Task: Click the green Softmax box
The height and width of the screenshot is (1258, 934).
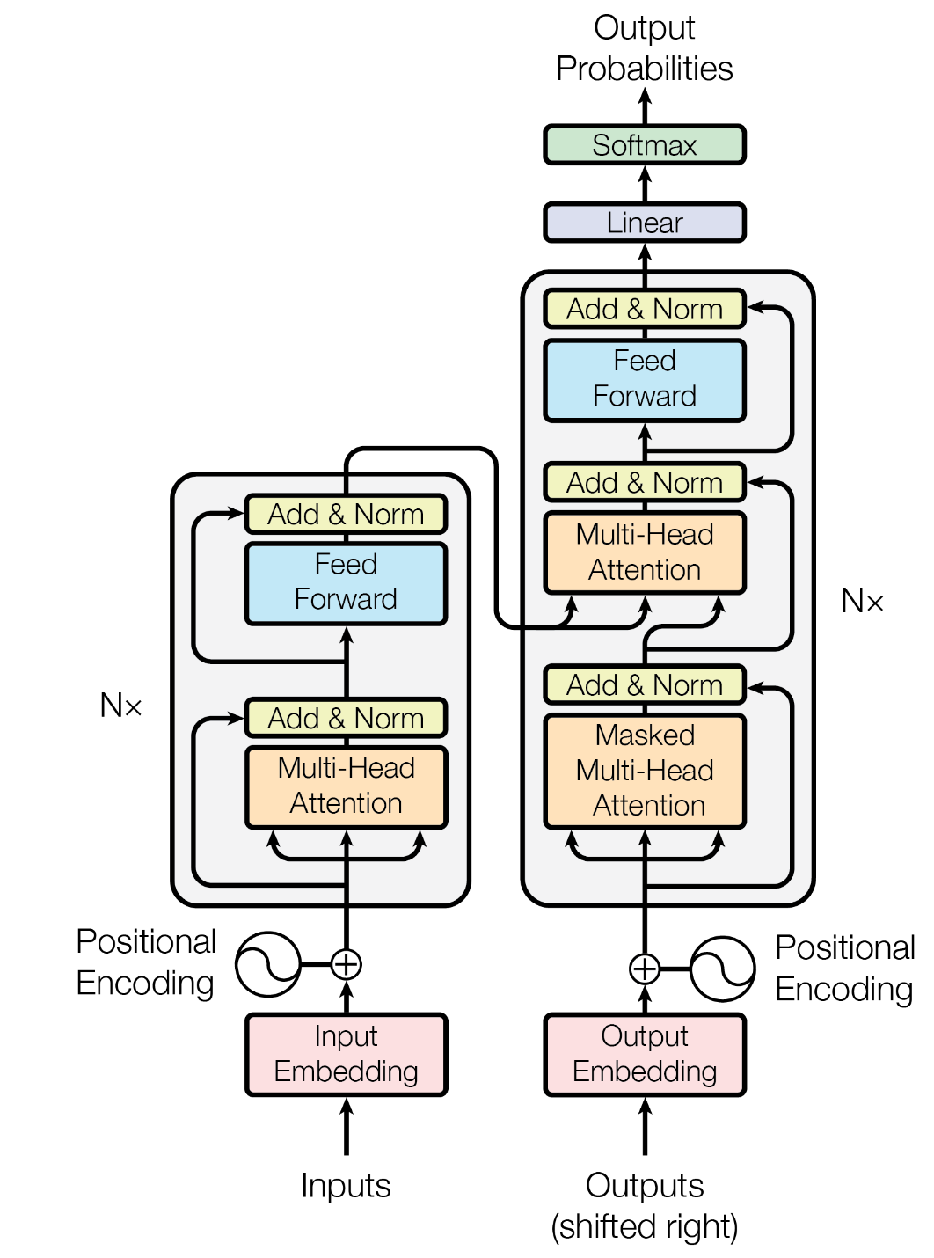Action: coord(645,145)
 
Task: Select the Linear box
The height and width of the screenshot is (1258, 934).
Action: coord(645,223)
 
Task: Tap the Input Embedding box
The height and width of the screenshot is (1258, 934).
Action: coord(346,1054)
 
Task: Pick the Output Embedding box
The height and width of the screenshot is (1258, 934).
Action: coord(645,1054)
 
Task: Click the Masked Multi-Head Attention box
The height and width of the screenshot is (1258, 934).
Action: coord(645,771)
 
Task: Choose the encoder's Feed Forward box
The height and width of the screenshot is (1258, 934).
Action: coord(346,582)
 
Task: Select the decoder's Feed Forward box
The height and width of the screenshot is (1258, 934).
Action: coord(645,379)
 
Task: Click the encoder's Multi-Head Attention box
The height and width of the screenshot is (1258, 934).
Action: coord(346,786)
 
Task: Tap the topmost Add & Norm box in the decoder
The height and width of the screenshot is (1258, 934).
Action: coord(645,310)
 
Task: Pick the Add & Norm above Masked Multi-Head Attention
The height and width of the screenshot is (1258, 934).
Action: coord(645,685)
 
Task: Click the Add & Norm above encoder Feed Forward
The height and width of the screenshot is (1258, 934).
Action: coord(346,515)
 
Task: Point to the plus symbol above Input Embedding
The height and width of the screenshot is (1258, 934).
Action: coord(347,964)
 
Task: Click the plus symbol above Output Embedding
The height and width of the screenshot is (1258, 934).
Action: coord(645,969)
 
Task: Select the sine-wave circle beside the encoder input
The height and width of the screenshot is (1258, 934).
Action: coord(268,964)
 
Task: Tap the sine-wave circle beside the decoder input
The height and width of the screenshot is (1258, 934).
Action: coord(722,969)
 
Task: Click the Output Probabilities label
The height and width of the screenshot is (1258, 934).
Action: coord(645,48)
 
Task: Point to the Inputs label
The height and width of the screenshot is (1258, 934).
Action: coord(346,1186)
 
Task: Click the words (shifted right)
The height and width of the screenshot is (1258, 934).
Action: coord(645,1226)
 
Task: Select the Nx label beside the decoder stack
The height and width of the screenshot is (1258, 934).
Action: coord(862,602)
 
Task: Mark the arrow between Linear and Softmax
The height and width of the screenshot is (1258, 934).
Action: coord(645,184)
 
